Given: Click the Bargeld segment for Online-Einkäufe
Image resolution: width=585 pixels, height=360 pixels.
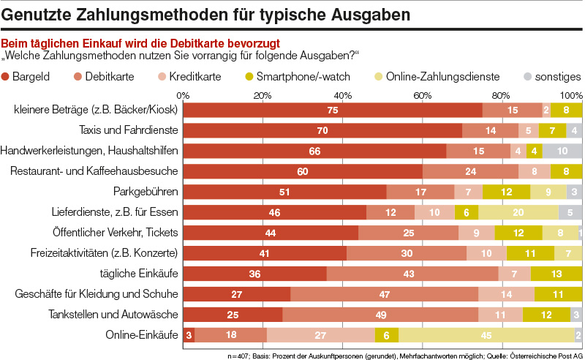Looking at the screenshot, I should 189,335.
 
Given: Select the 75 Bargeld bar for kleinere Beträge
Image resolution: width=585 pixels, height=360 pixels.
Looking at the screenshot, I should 333,110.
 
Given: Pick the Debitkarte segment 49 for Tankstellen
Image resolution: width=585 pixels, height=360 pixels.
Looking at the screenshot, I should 380,315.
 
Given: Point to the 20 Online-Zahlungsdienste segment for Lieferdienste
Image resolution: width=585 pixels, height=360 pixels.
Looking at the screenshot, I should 518,212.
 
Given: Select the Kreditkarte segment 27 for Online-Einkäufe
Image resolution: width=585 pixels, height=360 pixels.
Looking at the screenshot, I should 321,335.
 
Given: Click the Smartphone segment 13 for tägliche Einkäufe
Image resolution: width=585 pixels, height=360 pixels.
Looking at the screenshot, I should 556,274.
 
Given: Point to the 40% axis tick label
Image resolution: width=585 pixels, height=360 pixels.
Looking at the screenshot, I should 342,95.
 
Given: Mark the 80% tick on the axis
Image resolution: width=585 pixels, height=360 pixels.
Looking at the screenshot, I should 501,95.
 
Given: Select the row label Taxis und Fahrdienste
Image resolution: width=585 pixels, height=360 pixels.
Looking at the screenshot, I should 128,130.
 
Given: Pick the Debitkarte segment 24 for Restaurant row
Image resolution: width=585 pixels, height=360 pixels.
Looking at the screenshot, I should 470,171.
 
